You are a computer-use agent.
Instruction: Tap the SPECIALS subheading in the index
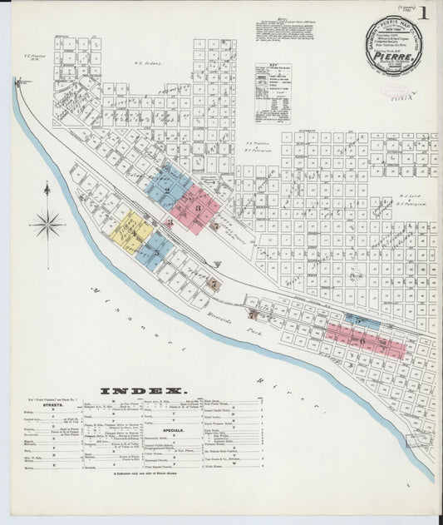174,430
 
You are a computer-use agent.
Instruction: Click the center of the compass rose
47,224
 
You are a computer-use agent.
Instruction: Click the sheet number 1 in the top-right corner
425,13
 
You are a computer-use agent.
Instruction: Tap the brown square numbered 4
214,225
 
